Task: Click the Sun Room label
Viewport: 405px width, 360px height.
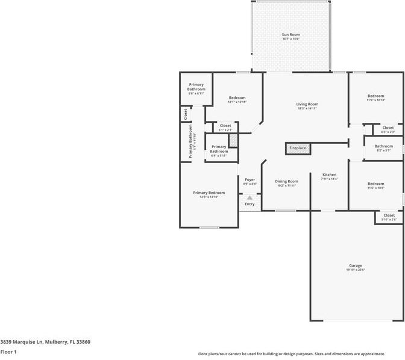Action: coord(290,35)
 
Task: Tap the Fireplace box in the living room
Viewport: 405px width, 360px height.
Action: coord(297,148)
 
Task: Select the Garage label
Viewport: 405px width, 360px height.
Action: coord(355,265)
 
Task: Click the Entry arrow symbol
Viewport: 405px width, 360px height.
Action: coord(250,197)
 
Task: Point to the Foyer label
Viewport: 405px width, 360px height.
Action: coord(250,179)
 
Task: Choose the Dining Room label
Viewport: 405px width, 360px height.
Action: coord(286,181)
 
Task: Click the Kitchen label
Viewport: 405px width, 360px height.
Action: coord(328,175)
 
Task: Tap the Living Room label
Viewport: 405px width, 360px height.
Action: coord(307,104)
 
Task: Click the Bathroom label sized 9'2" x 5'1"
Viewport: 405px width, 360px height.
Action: coord(383,146)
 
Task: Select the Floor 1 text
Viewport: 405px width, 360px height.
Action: coord(8,352)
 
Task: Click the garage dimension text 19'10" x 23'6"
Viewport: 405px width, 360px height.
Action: coord(355,270)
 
